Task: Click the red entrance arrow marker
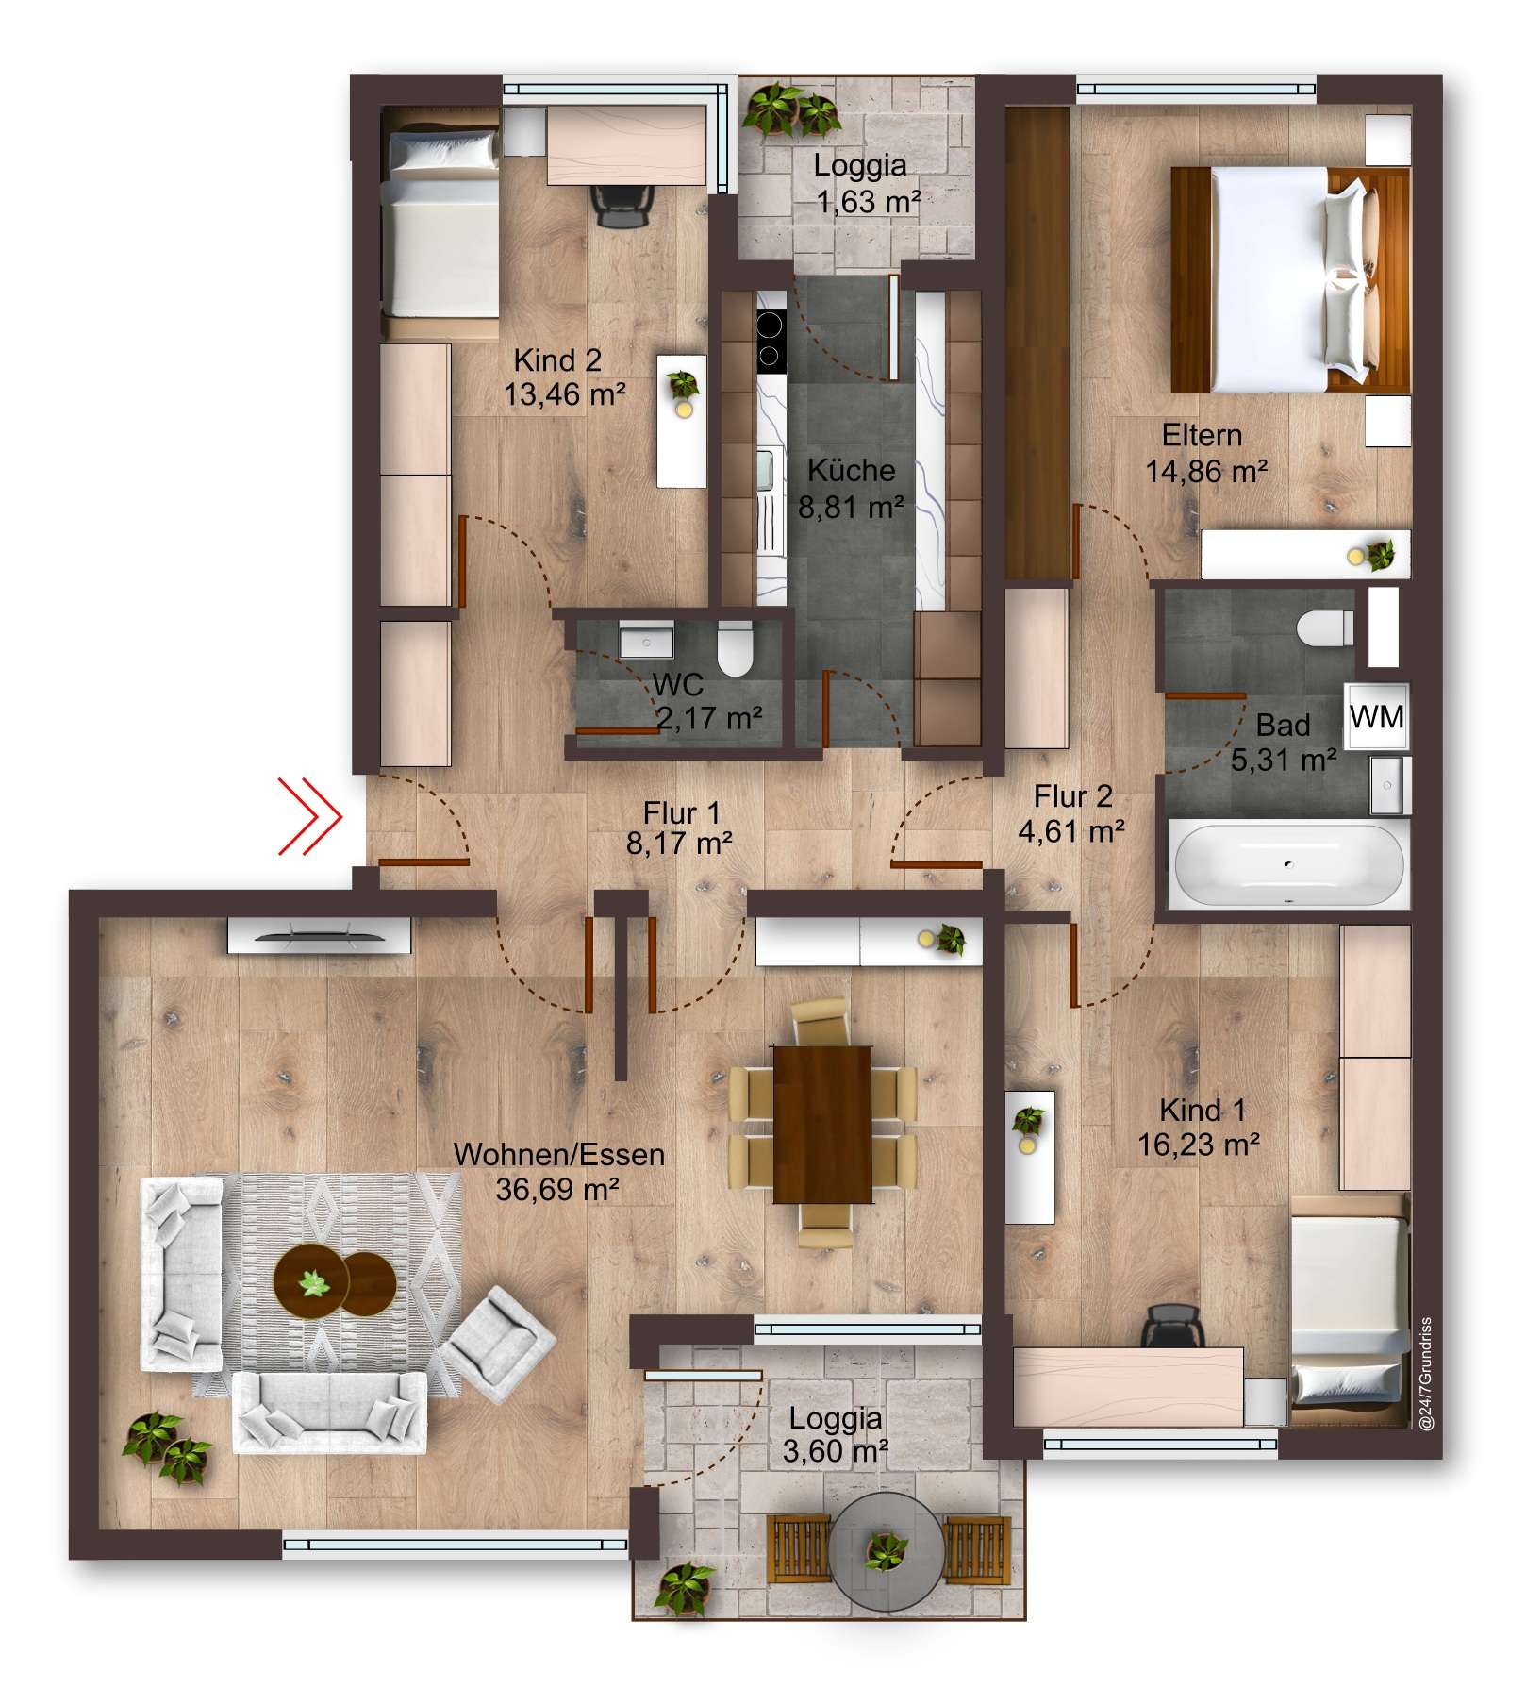[x=310, y=817]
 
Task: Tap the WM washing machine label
[x=1376, y=717]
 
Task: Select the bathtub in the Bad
[x=1287, y=864]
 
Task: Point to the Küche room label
[x=851, y=470]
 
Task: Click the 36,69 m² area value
[x=557, y=1190]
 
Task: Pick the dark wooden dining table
[x=821, y=1124]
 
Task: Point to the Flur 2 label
[x=1072, y=796]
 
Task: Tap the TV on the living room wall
[x=319, y=936]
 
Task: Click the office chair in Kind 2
[x=622, y=204]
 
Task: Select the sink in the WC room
[x=647, y=640]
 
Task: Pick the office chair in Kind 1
[x=1173, y=1326]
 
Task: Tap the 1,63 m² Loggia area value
[x=868, y=201]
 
